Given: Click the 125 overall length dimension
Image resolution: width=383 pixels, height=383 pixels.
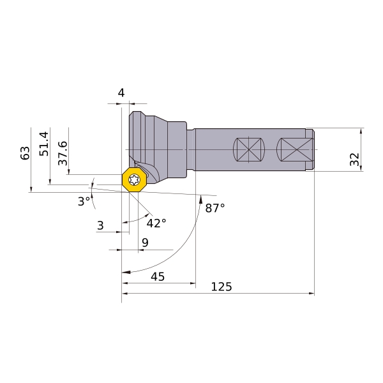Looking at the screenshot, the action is (222, 287).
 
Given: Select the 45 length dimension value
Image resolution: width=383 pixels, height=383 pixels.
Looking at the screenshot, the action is (158, 277).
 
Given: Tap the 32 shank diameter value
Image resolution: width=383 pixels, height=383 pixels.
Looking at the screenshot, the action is (355, 159).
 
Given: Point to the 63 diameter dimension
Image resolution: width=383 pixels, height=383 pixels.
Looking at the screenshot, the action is (25, 153).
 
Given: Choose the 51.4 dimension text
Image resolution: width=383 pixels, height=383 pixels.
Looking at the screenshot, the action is (44, 144).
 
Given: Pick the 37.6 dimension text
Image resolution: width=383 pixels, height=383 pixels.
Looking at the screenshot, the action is (63, 153).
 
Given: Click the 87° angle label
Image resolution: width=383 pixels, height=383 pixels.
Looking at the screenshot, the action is (215, 208).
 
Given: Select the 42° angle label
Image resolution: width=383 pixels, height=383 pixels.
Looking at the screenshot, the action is (156, 223).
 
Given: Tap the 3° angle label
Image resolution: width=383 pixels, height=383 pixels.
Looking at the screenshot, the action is (84, 202).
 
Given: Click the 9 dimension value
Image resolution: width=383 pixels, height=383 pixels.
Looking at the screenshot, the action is (145, 243).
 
